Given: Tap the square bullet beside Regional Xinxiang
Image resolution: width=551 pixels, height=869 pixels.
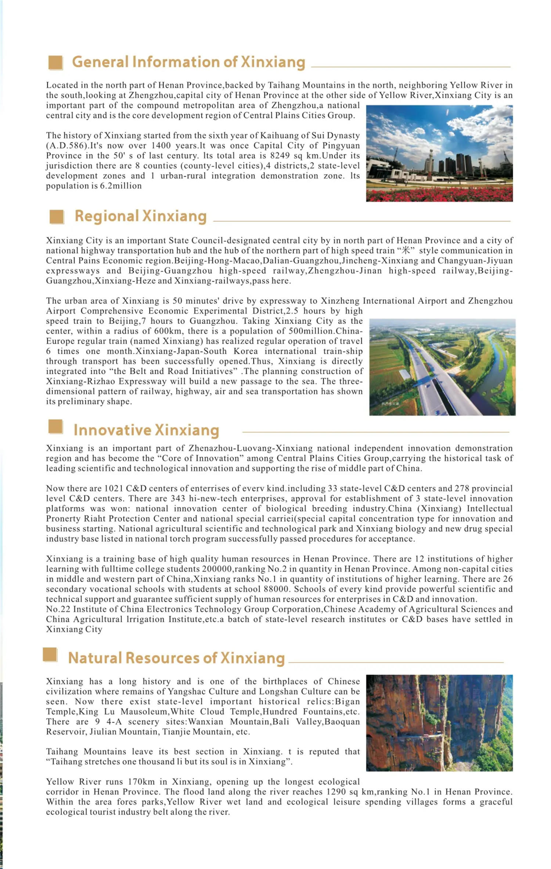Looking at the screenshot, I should point(57,217).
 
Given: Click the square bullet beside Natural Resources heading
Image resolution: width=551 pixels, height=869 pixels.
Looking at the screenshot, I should point(50,654).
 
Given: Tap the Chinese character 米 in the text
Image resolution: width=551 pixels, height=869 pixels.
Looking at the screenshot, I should point(406,251).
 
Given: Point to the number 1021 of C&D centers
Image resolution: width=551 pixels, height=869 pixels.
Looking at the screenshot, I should point(114,489).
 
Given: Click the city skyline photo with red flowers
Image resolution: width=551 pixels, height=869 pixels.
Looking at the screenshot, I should point(439,153).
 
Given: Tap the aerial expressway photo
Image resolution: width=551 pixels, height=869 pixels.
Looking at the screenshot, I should point(442,367).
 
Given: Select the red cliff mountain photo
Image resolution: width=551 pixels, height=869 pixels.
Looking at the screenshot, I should point(439,723).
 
